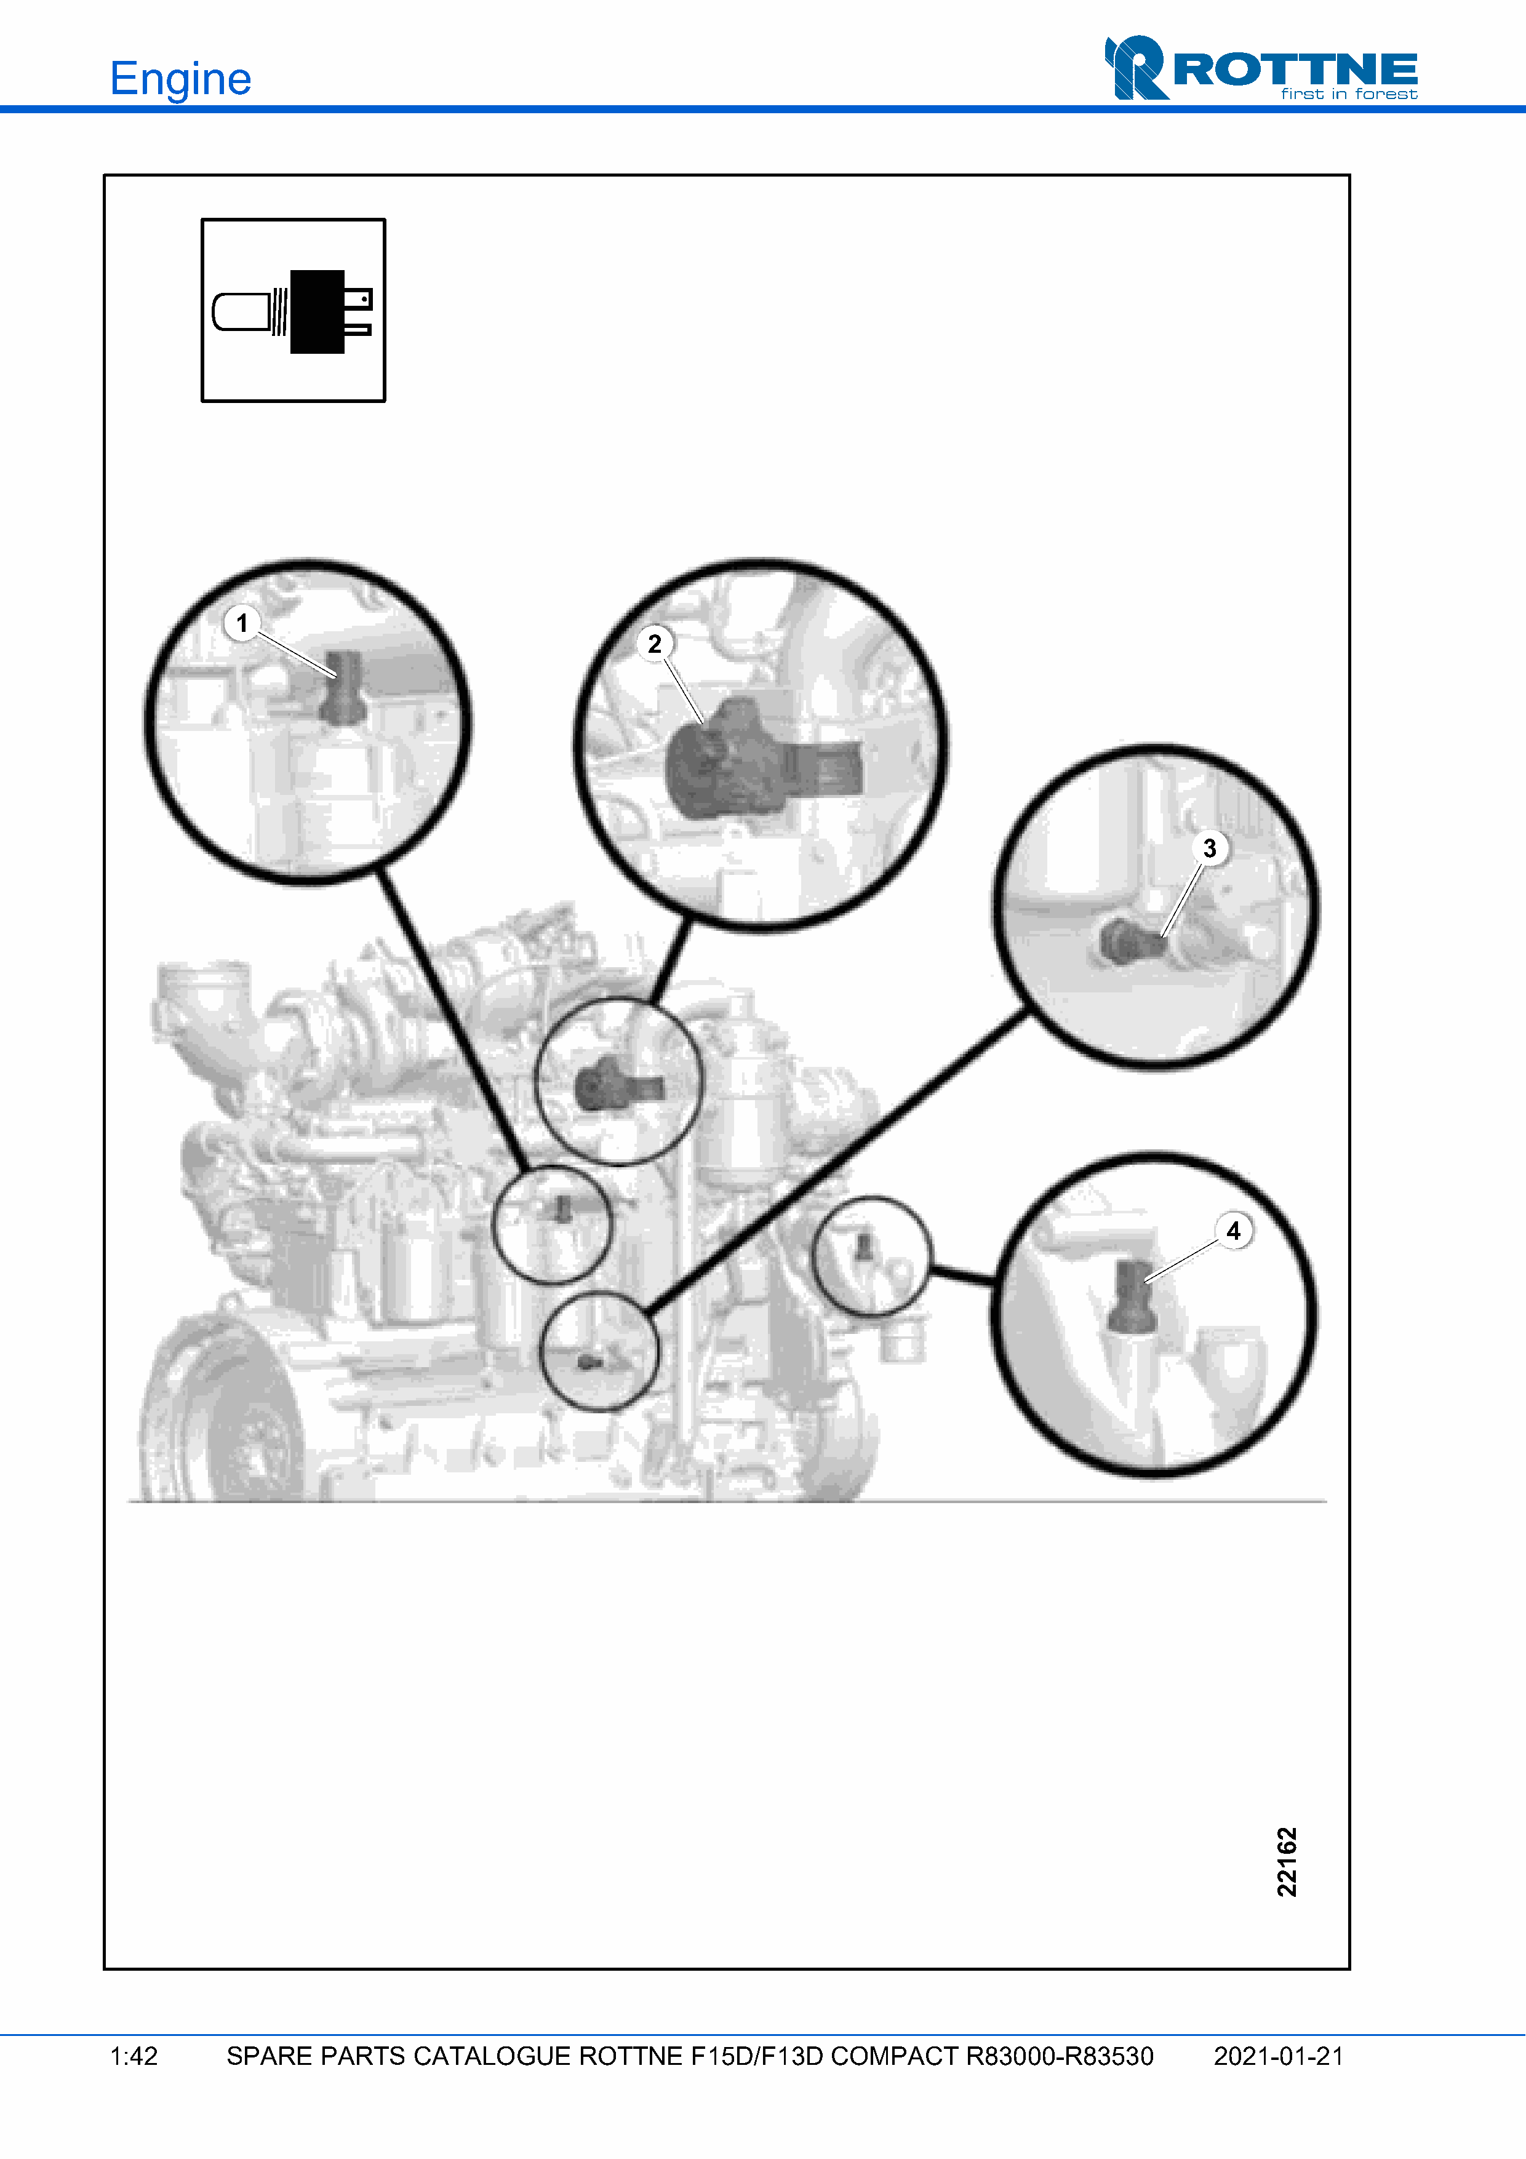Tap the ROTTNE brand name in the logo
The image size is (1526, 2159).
(1296, 69)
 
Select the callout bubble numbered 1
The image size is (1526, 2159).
(242, 623)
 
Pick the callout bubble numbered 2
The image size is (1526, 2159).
(655, 644)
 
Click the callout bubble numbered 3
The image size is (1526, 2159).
(1210, 848)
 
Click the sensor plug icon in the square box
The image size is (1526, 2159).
(294, 311)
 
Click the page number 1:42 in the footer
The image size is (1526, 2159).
(134, 2056)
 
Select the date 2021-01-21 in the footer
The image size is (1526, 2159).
(1279, 2056)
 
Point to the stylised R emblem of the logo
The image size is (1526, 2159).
(1136, 68)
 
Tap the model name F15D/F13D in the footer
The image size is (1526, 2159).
(757, 2056)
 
